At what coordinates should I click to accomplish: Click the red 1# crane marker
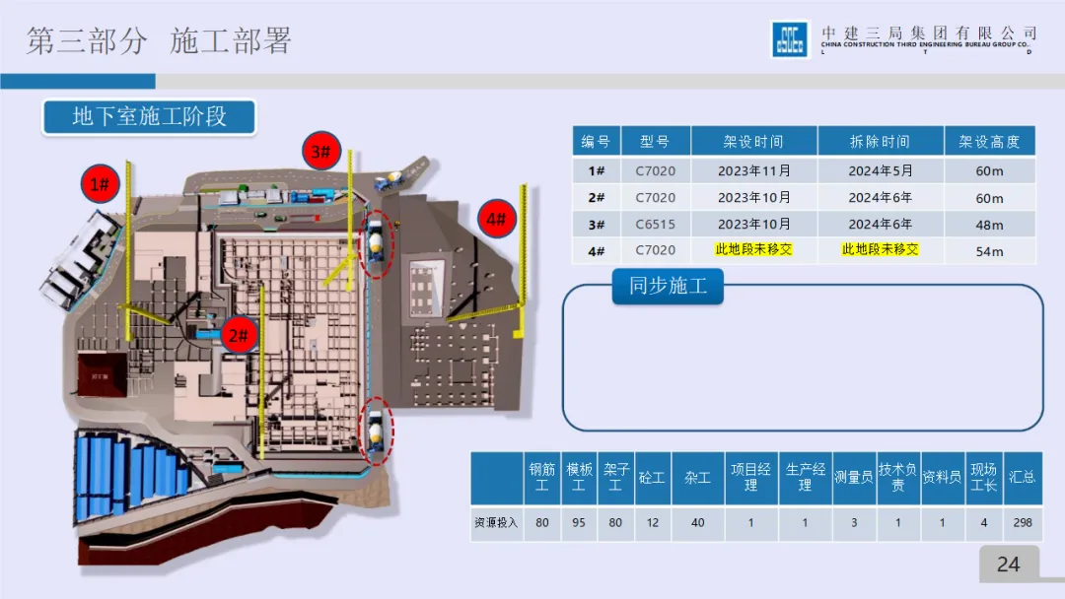(x=101, y=183)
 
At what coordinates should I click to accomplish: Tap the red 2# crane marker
(x=239, y=336)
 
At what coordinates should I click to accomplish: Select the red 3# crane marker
(x=321, y=152)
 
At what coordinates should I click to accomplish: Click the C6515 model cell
(x=655, y=224)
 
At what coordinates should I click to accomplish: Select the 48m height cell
(x=989, y=224)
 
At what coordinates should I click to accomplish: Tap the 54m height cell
(x=989, y=250)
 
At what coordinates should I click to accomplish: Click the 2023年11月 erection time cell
(x=753, y=170)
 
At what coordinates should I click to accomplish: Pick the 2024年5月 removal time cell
(x=880, y=170)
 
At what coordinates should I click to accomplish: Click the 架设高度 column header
(x=989, y=142)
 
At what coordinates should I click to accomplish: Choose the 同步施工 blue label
(x=668, y=287)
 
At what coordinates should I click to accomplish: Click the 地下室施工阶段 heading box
(x=149, y=116)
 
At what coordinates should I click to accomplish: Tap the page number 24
(x=1008, y=565)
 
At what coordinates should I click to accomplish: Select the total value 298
(x=1023, y=522)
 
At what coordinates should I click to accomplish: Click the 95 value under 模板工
(x=578, y=522)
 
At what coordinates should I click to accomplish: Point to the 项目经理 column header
(x=750, y=478)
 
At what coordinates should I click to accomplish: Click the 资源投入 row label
(x=495, y=522)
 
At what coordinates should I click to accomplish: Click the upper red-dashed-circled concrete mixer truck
(x=376, y=239)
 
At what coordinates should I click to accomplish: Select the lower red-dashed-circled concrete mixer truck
(x=376, y=430)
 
